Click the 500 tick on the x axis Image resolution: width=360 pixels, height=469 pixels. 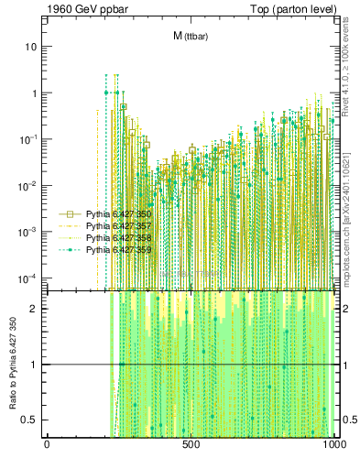pos(191,445)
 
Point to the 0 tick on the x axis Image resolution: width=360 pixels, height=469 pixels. pos(47,445)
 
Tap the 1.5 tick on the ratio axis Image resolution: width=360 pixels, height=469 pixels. pos(34,336)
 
